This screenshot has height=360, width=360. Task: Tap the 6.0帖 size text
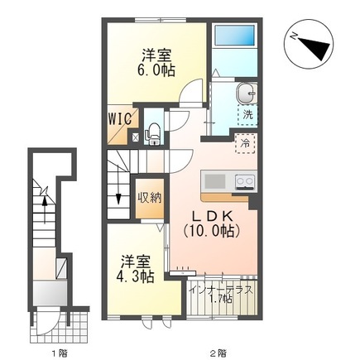pyautogui.click(x=156, y=71)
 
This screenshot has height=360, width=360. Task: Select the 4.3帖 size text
pyautogui.click(x=136, y=276)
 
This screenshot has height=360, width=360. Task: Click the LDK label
pyautogui.click(x=212, y=217)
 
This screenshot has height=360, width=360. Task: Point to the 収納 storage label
pyautogui.click(x=150, y=198)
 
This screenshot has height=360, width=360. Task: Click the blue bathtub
pyautogui.click(x=235, y=36)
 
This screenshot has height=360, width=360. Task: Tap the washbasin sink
pyautogui.click(x=246, y=94)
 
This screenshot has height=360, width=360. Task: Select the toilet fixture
pyautogui.click(x=153, y=133)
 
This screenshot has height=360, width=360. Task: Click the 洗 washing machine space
pyautogui.click(x=247, y=115)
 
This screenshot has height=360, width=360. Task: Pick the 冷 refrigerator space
pyautogui.click(x=245, y=143)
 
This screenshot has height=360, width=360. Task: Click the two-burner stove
pyautogui.click(x=244, y=182)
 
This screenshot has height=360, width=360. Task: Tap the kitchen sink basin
pyautogui.click(x=215, y=181)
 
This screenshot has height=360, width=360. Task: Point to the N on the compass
pyautogui.click(x=295, y=36)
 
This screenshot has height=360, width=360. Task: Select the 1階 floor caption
pyautogui.click(x=60, y=353)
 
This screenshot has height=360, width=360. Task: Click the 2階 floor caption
pyautogui.click(x=219, y=353)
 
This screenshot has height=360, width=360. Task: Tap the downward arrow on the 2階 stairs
pyautogui.click(x=118, y=184)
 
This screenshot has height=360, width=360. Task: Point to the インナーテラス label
pyautogui.click(x=222, y=290)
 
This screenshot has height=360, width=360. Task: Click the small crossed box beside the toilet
pyautogui.click(x=136, y=137)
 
